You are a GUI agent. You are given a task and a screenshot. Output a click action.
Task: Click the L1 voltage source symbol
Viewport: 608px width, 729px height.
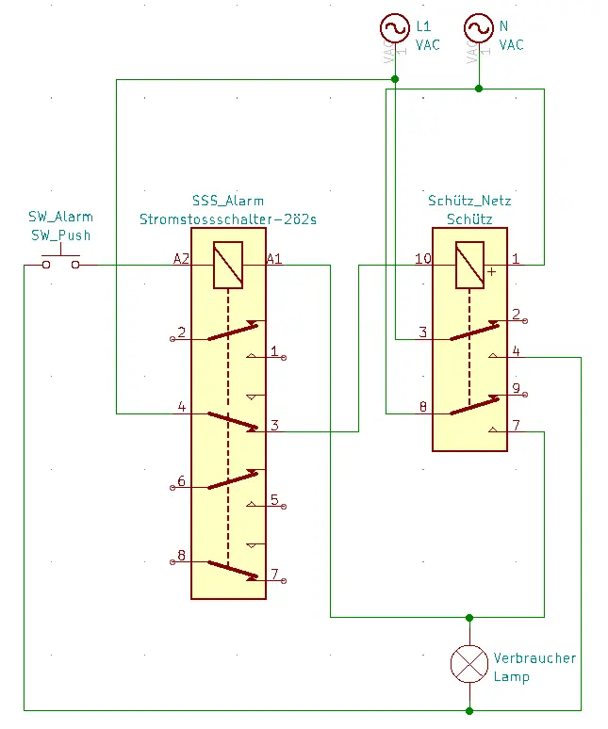coord(394,29)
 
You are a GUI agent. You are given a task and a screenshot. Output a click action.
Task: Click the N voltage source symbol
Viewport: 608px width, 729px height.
coord(478,29)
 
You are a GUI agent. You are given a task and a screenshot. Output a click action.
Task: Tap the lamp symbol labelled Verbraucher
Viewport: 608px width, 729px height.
coord(469,664)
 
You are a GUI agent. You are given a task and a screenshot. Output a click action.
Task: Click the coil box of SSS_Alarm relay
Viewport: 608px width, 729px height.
coord(228,265)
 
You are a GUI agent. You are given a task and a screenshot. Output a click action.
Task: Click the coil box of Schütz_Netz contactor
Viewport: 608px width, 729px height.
coord(469,265)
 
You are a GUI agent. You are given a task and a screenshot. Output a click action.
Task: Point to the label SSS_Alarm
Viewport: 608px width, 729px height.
coord(227,201)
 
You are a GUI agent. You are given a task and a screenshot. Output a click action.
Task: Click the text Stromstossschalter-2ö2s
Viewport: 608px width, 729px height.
coord(227,219)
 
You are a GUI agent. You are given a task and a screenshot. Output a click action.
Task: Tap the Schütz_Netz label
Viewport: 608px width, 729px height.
coord(469,201)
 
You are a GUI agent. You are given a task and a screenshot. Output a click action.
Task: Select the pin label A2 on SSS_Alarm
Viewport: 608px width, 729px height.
coord(182,257)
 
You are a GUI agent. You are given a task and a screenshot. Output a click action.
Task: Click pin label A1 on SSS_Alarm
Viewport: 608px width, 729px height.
coord(274,257)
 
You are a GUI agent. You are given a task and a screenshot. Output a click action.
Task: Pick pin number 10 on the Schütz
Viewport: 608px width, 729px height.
coord(423,257)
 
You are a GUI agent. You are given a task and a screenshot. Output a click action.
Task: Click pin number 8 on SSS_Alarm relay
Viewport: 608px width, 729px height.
coord(181,555)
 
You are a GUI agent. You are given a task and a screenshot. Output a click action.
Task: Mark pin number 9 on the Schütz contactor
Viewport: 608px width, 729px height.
coord(516,387)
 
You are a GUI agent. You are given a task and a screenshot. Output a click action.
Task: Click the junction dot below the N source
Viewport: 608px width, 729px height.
coord(478,89)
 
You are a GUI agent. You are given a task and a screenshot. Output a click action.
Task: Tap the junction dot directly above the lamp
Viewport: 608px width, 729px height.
coord(469,618)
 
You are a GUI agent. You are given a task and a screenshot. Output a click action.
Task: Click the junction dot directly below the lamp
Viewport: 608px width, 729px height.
coord(469,709)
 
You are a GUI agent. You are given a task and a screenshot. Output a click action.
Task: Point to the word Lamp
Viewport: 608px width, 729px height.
coord(511,676)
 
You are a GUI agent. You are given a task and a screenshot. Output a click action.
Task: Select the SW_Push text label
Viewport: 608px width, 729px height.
coord(60,235)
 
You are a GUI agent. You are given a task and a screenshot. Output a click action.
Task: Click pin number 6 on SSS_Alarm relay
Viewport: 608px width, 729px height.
coord(181,481)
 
